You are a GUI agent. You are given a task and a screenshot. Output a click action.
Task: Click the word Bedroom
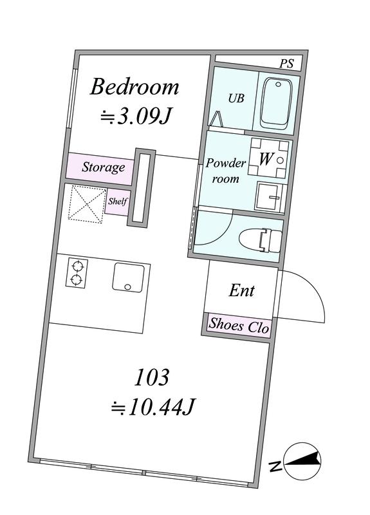point(134,87)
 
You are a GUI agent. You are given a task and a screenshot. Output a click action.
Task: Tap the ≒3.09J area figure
point(136,116)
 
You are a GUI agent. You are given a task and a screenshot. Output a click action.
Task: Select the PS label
point(286,63)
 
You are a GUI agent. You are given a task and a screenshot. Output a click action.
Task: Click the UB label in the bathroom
point(236,98)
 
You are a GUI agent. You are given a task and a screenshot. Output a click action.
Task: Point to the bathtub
point(276,102)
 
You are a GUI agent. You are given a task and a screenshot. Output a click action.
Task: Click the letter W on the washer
point(266,159)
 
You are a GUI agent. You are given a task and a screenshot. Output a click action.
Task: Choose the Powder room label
point(226,171)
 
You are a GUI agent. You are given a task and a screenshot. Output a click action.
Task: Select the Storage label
point(103,167)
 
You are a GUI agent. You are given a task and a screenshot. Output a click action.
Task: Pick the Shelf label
point(118,201)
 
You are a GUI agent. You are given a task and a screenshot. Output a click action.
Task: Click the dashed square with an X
point(87,204)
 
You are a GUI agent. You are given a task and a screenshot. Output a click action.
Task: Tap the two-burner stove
point(77,273)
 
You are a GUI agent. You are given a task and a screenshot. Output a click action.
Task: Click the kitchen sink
point(128,277)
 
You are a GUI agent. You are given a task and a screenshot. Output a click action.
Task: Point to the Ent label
point(241,290)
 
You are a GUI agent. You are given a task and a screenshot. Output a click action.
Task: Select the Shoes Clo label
point(239,326)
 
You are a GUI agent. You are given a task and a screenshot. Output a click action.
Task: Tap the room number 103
point(152,377)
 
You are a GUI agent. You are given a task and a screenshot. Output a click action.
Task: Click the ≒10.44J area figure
point(153,407)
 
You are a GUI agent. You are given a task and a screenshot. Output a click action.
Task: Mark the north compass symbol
point(302,461)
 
